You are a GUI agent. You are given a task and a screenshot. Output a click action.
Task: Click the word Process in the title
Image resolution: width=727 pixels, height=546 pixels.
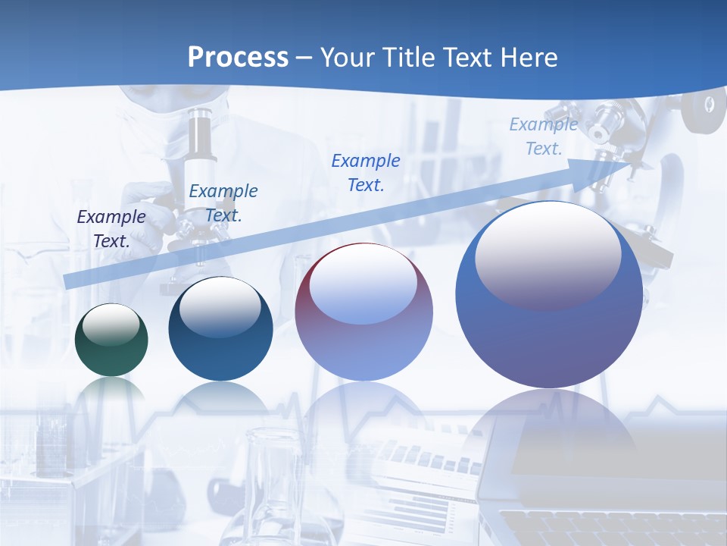point(238,58)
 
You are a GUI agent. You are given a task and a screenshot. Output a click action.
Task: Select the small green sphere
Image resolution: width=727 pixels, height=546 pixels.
point(111,340)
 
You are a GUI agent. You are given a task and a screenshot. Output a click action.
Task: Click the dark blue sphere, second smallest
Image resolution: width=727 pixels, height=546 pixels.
point(220,329)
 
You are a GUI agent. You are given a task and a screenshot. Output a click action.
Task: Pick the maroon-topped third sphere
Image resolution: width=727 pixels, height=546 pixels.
point(363,312)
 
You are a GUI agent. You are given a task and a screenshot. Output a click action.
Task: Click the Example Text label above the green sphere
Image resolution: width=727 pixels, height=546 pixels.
point(111,228)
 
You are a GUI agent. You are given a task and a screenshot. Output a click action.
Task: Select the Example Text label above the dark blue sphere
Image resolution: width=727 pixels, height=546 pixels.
point(223,202)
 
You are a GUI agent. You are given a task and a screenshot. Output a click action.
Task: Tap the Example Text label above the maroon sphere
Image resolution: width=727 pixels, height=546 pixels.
point(366,172)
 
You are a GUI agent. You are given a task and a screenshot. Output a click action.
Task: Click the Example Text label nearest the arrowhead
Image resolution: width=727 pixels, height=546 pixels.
point(544,136)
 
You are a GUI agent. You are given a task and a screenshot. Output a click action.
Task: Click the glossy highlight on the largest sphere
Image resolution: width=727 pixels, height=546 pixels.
point(548,256)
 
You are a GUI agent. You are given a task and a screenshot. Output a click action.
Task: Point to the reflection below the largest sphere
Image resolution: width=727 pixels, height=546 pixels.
point(559,432)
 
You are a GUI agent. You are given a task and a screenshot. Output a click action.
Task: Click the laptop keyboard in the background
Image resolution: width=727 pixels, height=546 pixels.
point(606,527)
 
